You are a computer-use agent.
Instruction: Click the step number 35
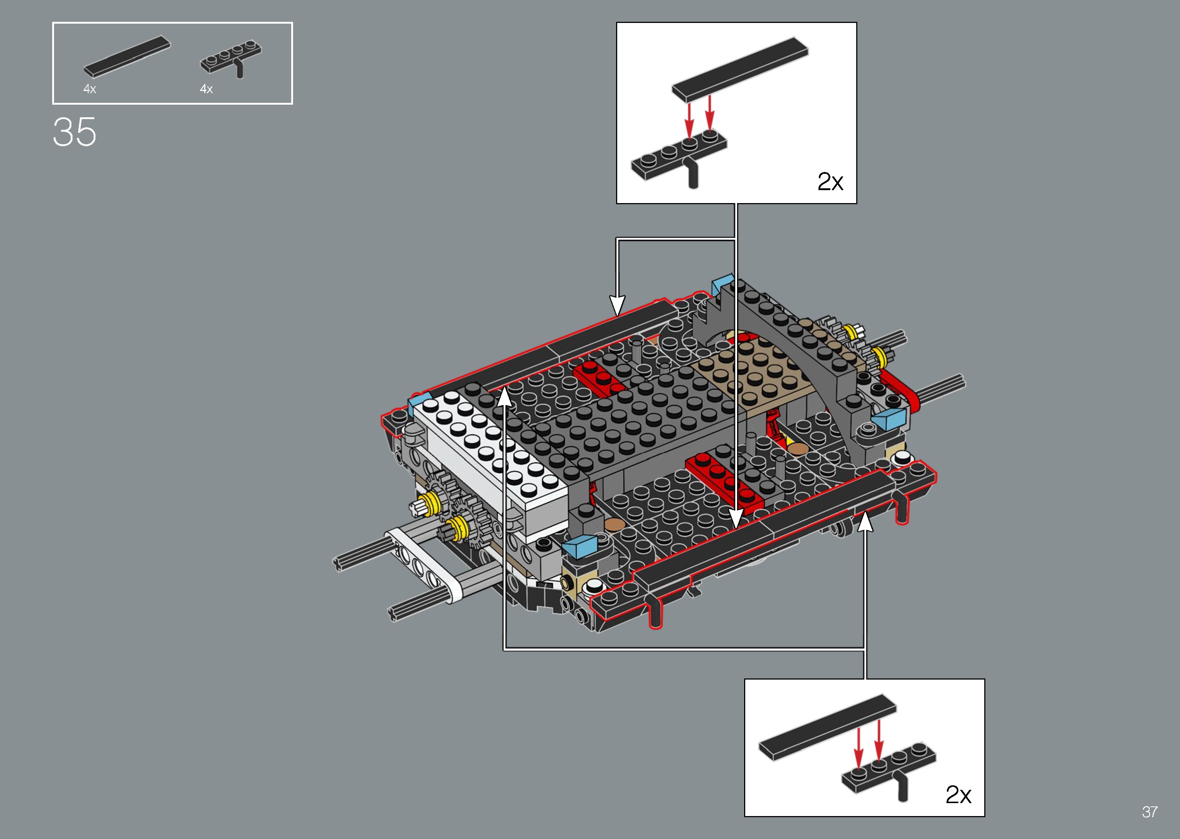pos(74,132)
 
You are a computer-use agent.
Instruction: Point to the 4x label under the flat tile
pos(90,89)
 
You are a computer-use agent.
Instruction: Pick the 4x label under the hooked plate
pos(206,89)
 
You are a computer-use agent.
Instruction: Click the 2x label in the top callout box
pos(830,181)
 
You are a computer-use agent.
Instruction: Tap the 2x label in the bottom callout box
pos(958,794)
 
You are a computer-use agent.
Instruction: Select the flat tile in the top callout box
pos(740,69)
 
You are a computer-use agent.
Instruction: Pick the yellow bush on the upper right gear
pos(849,332)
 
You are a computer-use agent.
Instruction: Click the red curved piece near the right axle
pos(901,390)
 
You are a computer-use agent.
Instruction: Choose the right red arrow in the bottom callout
pos(878,742)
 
